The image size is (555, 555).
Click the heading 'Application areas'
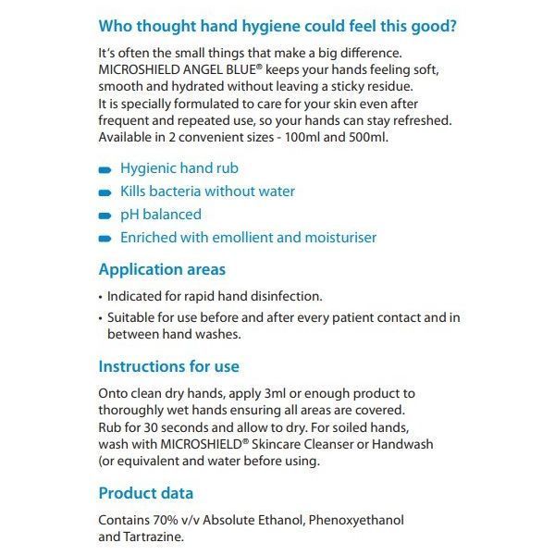(x=162, y=270)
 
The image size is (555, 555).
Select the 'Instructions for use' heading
(x=169, y=366)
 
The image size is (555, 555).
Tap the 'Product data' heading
(x=146, y=493)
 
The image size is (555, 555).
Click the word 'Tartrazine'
(x=154, y=536)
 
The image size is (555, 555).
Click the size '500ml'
(x=365, y=137)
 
